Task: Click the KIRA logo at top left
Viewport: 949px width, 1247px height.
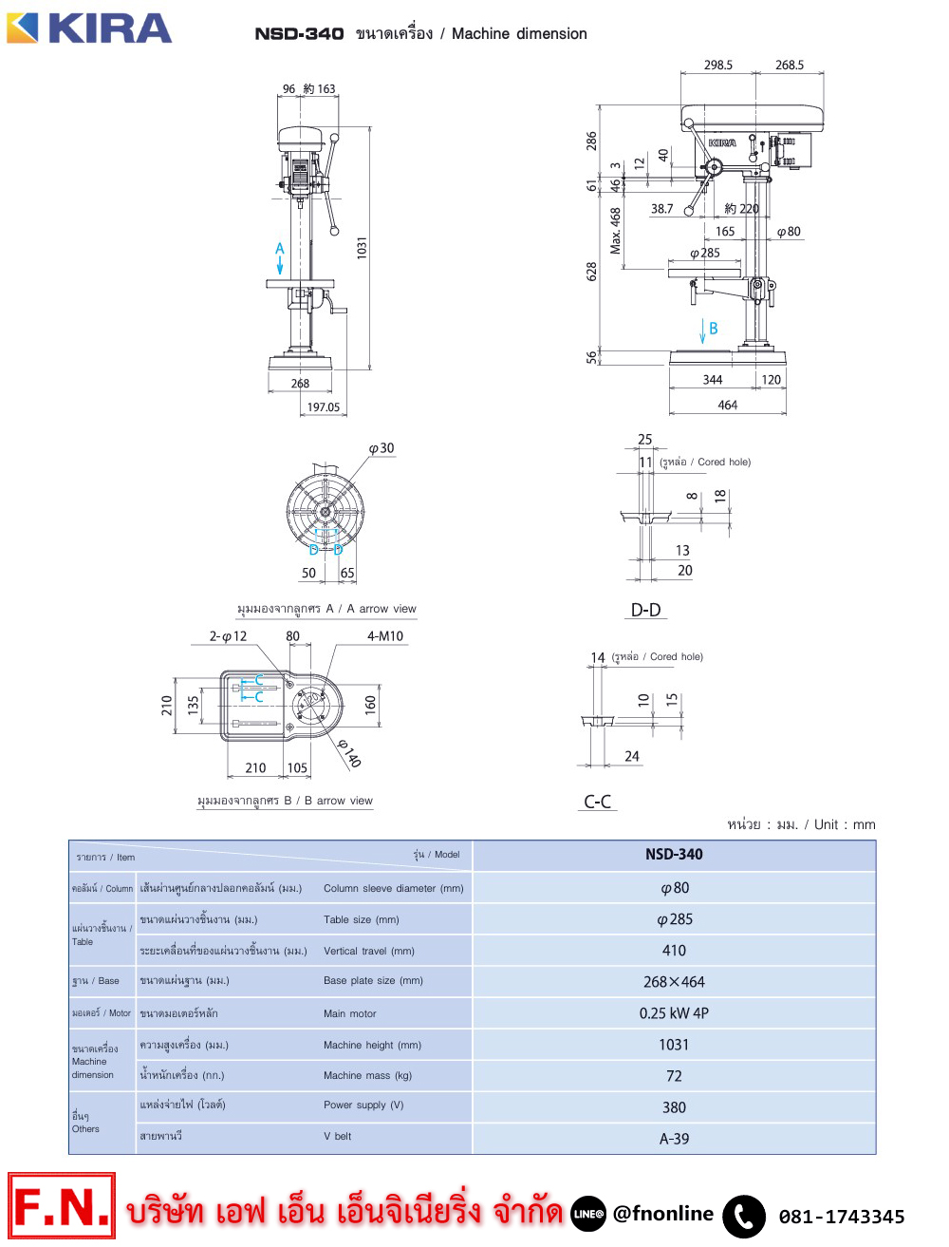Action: (x=88, y=28)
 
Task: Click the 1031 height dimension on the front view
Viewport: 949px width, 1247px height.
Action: (x=363, y=248)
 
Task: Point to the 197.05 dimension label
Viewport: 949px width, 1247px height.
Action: (x=323, y=406)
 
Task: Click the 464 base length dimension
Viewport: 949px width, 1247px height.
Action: (x=727, y=405)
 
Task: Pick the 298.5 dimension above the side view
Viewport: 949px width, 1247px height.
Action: (x=718, y=65)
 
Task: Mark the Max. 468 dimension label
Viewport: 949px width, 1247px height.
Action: (x=615, y=231)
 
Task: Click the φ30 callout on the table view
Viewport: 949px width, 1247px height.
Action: (x=381, y=448)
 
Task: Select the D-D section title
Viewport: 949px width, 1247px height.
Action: (x=646, y=610)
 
